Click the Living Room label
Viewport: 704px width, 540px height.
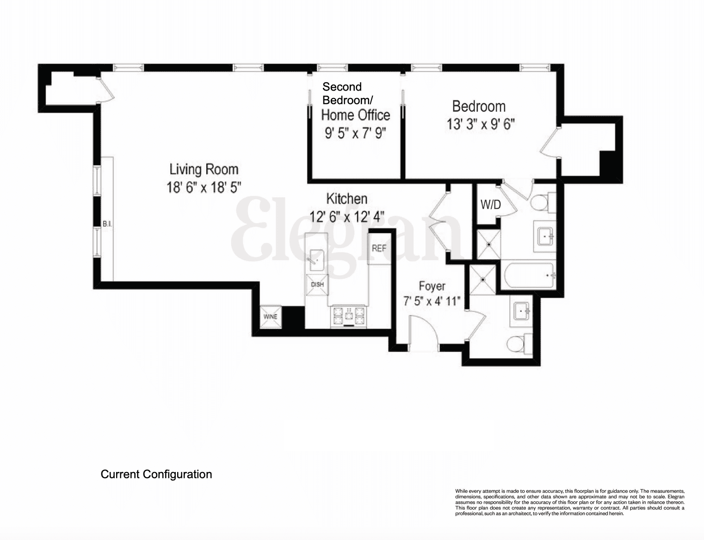coord(204,169)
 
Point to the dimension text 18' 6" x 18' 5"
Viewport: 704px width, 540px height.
coord(204,187)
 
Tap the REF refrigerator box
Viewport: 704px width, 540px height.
coord(379,249)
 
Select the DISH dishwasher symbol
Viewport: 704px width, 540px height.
coord(317,284)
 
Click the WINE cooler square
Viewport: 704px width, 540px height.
coord(271,317)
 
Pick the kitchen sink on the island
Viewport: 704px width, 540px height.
coord(317,260)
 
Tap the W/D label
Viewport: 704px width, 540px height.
coord(491,205)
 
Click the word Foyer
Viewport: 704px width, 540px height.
coord(432,286)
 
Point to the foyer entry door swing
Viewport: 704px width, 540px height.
coord(423,329)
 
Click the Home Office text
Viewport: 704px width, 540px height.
coord(355,115)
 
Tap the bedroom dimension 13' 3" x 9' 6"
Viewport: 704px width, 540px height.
coord(481,124)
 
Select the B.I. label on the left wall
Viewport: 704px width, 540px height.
coord(107,224)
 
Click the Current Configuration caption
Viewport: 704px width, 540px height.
coord(156,474)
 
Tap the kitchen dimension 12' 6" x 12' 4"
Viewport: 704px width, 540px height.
coord(347,216)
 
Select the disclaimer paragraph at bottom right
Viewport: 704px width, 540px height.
coord(569,502)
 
